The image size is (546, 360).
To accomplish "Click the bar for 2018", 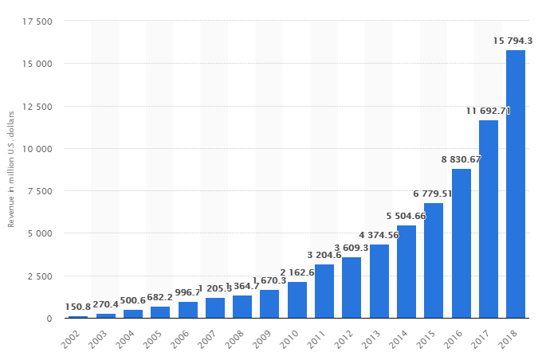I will [516, 184].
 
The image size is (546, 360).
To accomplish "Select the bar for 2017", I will [489, 219].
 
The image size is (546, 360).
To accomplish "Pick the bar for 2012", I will [352, 288].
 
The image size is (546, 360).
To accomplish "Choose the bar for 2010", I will [297, 299].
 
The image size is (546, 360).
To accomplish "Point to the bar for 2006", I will [188, 310].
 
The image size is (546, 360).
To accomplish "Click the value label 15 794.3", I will [514, 40].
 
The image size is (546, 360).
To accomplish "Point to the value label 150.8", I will [78, 307].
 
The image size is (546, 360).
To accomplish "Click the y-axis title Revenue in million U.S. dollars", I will [12, 170].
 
